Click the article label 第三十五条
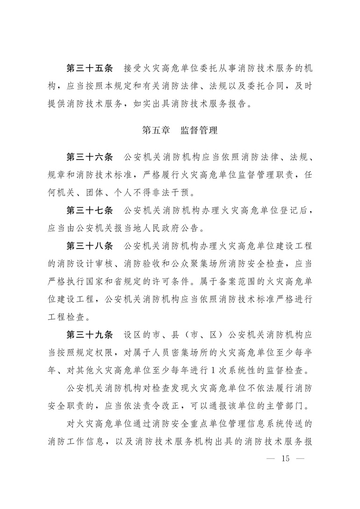(x=90, y=69)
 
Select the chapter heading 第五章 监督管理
(x=180, y=130)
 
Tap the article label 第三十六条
(x=90, y=156)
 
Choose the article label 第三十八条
(x=90, y=246)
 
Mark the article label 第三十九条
(x=90, y=335)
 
